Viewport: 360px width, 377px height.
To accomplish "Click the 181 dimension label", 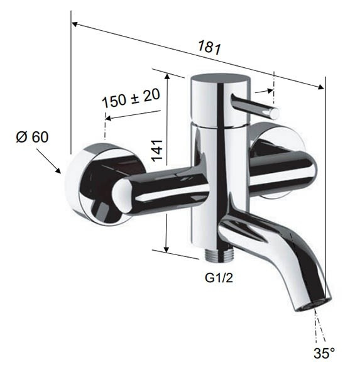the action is click(x=209, y=47).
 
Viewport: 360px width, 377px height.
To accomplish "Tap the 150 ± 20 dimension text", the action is click(x=131, y=98).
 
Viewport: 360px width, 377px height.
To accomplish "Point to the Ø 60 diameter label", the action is click(x=32, y=137).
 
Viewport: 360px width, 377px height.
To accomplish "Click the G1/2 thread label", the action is click(x=219, y=278).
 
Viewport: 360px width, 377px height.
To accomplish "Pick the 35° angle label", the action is click(x=324, y=353).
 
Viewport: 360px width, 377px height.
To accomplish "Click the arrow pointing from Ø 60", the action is click(x=48, y=161).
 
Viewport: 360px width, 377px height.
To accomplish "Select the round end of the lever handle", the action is click(x=275, y=114).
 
